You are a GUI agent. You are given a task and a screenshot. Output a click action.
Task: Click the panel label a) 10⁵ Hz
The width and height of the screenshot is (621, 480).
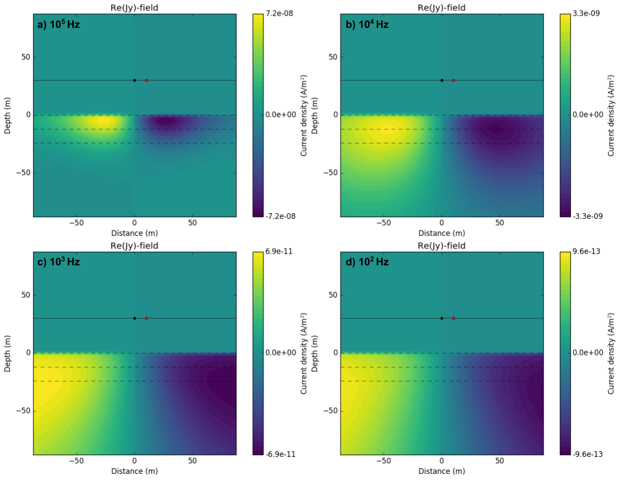(x=59, y=24)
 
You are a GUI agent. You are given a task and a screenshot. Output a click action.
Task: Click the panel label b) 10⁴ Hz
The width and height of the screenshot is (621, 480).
(x=367, y=24)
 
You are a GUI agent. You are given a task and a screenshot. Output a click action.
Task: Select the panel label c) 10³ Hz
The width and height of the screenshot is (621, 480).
(x=59, y=262)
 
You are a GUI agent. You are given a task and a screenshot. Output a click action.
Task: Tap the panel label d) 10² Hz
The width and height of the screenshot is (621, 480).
(x=367, y=262)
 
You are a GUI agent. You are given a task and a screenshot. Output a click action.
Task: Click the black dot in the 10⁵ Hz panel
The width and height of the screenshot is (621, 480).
(x=135, y=80)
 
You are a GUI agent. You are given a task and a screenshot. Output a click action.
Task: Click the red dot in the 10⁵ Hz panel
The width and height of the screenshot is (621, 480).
(x=146, y=80)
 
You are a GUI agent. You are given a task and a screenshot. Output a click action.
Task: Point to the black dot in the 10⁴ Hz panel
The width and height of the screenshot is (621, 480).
(x=442, y=80)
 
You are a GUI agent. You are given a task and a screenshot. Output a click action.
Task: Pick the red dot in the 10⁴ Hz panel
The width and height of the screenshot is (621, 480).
(x=454, y=80)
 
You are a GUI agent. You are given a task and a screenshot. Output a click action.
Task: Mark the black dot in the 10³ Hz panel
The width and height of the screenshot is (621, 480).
(x=135, y=318)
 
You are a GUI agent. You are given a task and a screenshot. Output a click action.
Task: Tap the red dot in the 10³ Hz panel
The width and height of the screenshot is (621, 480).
(x=146, y=318)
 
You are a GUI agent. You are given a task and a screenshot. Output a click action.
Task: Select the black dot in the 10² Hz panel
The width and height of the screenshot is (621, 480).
(x=442, y=318)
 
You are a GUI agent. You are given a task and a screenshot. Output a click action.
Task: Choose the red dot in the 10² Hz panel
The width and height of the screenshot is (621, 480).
(x=454, y=318)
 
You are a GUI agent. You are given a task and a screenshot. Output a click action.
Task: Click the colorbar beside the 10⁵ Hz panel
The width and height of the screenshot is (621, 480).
(x=258, y=115)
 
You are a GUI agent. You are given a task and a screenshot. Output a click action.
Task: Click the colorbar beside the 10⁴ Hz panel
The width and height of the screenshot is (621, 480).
(x=565, y=115)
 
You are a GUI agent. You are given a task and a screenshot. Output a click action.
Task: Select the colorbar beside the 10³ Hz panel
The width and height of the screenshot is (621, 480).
(x=258, y=353)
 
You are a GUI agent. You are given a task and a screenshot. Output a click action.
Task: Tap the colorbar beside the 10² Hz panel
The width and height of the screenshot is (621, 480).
(x=565, y=353)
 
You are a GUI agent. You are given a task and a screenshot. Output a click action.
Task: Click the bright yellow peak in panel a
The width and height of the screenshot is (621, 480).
(x=102, y=121)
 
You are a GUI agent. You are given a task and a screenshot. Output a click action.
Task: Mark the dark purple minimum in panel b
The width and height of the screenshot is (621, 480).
(x=496, y=130)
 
